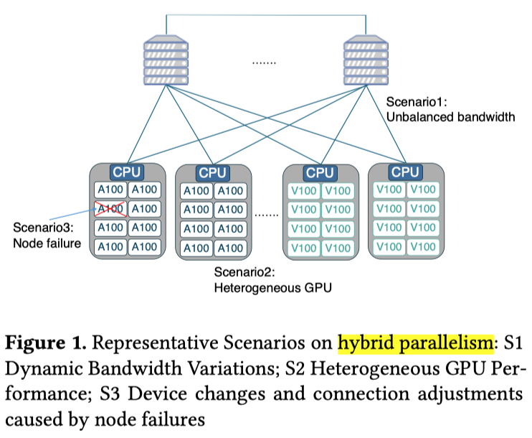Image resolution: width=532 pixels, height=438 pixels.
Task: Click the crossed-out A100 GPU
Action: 110,209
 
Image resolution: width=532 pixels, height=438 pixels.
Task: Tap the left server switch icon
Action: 166,62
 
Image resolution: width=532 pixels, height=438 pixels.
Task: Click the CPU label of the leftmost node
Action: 126,172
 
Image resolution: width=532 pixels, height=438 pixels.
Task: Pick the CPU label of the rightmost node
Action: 405,172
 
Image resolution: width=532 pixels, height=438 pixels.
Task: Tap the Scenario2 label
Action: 244,273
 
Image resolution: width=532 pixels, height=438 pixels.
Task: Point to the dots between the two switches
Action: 264,63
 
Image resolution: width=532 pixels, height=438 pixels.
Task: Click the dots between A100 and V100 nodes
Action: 266,214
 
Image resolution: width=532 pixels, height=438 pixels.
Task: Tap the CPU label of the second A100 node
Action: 212,172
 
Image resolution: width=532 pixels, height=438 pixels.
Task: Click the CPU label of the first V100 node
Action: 320,172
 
